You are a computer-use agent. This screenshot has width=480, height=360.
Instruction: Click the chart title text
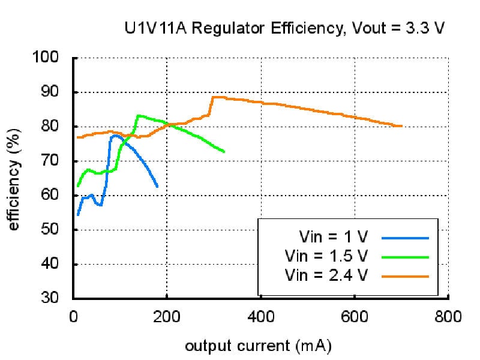[x=284, y=28]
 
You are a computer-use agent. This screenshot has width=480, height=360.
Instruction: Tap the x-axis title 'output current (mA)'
[x=258, y=346]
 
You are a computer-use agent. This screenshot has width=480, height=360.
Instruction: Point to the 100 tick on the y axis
[x=53, y=58]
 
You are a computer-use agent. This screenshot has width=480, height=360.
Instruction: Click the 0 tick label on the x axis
[x=74, y=316]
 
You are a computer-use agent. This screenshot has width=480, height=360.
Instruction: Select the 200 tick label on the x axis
[x=167, y=316]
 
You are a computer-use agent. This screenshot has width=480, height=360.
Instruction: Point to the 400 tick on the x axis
[x=260, y=316]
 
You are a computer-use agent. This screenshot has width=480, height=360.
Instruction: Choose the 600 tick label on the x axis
[x=354, y=316]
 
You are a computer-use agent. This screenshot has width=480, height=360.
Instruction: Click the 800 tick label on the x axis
[x=448, y=316]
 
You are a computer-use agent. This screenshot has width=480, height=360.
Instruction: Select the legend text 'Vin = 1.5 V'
[x=326, y=255]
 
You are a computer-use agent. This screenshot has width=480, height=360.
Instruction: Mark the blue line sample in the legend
[x=405, y=238]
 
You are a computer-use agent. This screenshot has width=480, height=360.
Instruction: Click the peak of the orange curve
[x=216, y=97]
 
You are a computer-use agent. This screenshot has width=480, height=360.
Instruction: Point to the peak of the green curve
[x=139, y=115]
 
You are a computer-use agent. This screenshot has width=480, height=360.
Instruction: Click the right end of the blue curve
[x=157, y=187]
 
